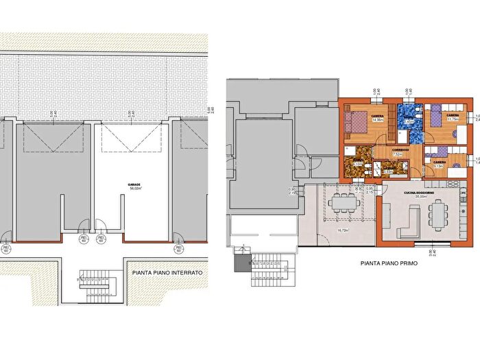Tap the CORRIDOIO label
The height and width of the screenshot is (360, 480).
(x=400, y=149)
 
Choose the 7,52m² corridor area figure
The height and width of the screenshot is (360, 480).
(x=397, y=155)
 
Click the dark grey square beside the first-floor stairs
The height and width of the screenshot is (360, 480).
(x=240, y=264)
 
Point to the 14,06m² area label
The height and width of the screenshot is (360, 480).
(x=377, y=121)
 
